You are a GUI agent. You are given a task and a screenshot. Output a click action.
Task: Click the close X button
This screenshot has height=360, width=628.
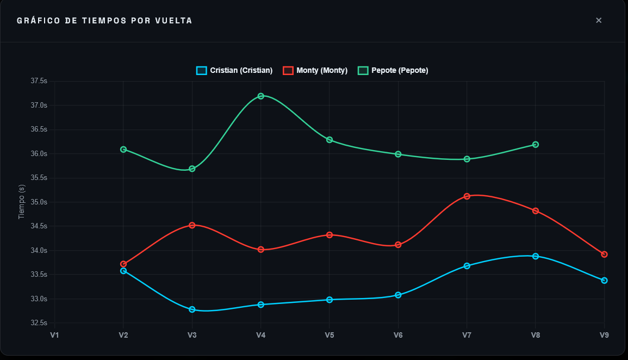click(599, 21)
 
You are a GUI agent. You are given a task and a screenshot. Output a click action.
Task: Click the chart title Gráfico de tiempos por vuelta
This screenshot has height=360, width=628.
click(104, 21)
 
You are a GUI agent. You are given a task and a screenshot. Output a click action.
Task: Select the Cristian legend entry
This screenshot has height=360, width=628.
click(234, 70)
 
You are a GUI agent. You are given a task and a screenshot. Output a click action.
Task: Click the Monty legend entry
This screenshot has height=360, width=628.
click(315, 70)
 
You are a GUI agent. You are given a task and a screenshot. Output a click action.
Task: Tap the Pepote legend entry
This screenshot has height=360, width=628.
click(393, 70)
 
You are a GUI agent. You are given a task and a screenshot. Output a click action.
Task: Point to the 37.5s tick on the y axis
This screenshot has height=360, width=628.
click(39, 81)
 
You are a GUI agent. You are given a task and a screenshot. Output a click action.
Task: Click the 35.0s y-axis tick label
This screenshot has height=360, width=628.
click(39, 202)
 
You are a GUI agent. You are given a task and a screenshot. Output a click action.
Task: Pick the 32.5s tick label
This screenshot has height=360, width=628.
click(39, 323)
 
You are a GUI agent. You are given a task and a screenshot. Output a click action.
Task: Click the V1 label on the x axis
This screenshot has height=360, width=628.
click(54, 335)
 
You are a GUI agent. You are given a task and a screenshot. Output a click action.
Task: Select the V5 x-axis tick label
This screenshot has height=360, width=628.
click(329, 335)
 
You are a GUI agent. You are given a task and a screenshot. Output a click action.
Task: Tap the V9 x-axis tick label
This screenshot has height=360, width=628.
click(604, 335)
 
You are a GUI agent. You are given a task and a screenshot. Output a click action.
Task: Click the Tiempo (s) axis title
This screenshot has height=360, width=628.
click(22, 202)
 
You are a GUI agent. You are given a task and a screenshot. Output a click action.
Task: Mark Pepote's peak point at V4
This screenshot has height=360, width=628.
click(261, 96)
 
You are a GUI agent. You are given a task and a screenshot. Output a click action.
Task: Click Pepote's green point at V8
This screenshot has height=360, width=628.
click(536, 145)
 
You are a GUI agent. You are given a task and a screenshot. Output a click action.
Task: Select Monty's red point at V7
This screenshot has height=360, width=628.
click(467, 196)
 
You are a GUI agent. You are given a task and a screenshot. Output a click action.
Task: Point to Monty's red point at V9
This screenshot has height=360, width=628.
click(604, 255)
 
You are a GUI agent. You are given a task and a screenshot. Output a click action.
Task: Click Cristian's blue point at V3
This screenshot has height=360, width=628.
click(192, 309)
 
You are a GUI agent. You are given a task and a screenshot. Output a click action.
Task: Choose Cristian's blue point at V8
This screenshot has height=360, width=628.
click(536, 256)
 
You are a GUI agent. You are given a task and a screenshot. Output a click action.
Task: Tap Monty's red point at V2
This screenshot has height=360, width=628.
click(123, 264)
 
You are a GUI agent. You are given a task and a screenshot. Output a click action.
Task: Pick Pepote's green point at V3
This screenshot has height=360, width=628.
click(192, 169)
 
